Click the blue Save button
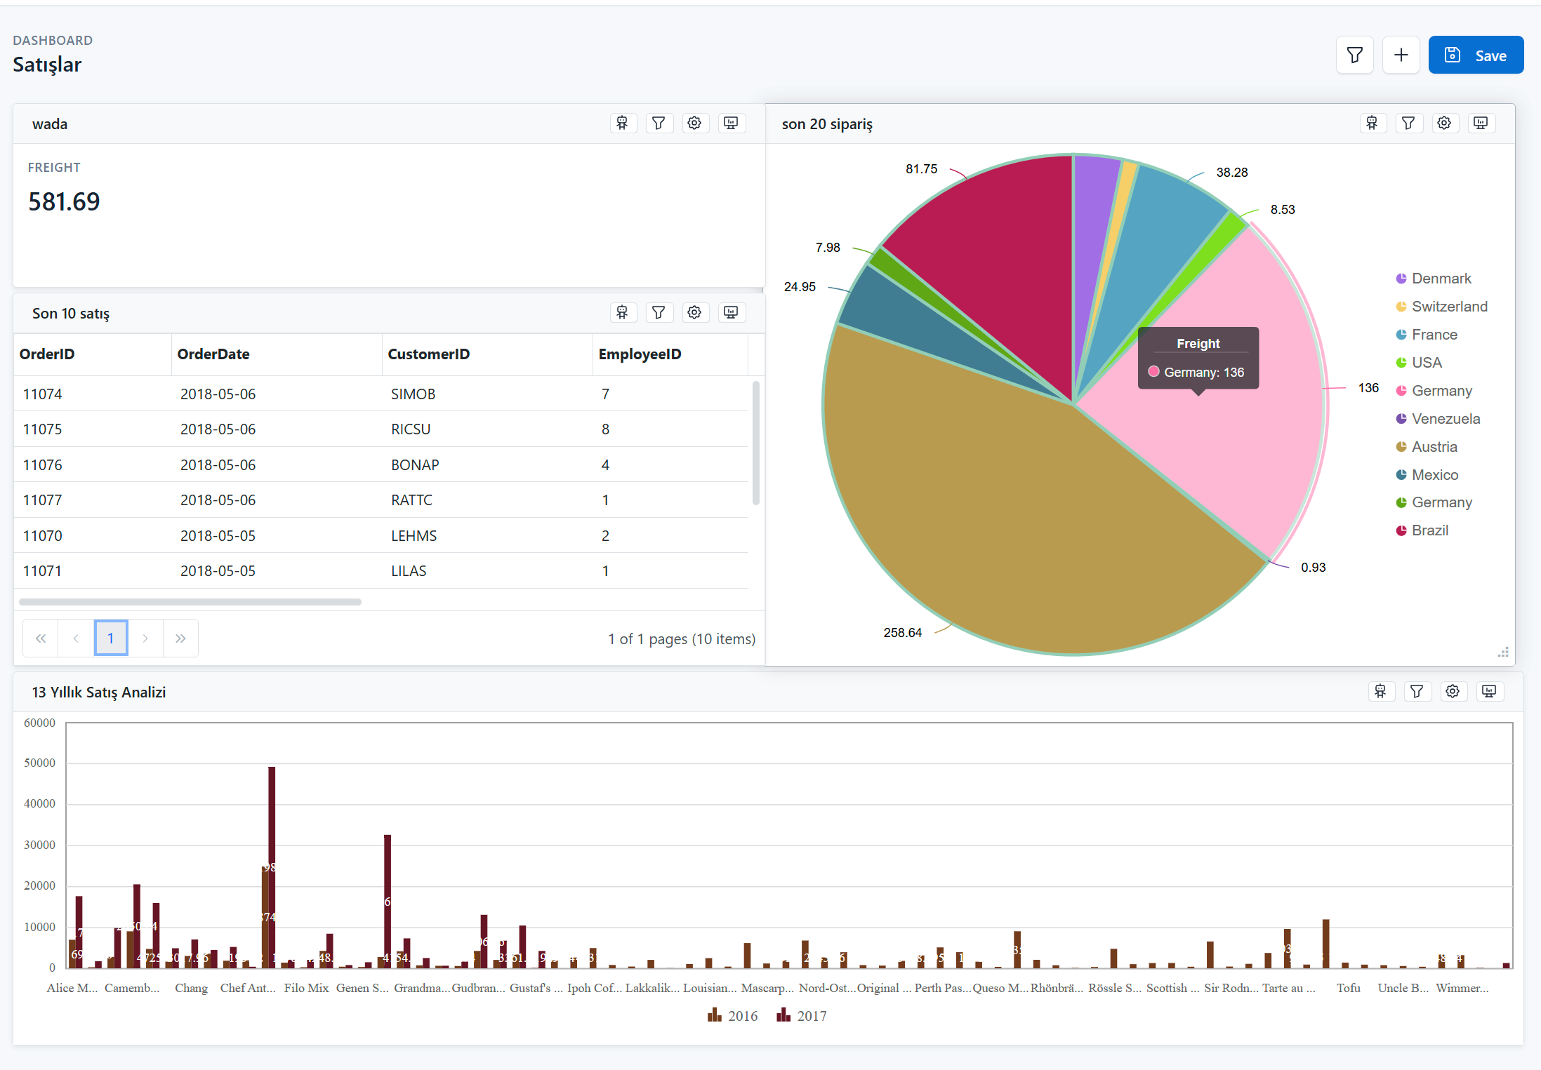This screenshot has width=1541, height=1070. [x=1475, y=55]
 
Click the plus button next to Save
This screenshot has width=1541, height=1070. [x=1401, y=55]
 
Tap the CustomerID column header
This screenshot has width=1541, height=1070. [x=428, y=354]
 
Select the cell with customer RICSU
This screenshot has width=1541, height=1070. [x=411, y=429]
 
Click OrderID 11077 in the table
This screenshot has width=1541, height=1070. [x=42, y=500]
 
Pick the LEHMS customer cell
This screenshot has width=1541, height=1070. [x=414, y=536]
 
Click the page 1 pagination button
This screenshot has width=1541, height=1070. [x=111, y=638]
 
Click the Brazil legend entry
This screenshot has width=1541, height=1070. [x=1429, y=530]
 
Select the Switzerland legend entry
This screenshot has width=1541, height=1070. [x=1448, y=307]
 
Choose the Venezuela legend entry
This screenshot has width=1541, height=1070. [x=1445, y=419]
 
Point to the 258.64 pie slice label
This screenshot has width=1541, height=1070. [x=902, y=633]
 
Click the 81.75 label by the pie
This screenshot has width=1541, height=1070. [x=921, y=169]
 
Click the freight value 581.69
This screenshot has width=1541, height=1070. [x=64, y=202]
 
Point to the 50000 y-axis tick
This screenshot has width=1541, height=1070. [x=39, y=763]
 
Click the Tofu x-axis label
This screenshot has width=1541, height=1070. [x=1348, y=988]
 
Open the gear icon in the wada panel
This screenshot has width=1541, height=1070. [x=694, y=123]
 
